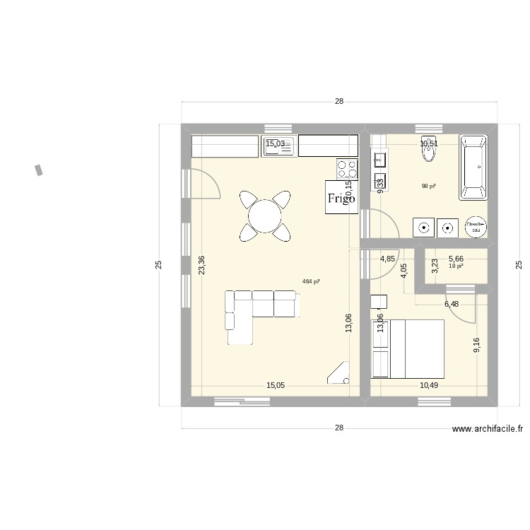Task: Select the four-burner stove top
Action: (x=347, y=167)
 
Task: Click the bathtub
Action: (x=474, y=167)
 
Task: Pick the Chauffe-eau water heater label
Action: (x=473, y=227)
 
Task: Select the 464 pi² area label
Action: (x=311, y=281)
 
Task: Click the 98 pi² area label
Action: (x=428, y=187)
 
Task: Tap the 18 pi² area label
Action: (x=456, y=266)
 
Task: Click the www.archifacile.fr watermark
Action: (x=488, y=428)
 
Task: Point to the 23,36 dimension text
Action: (x=202, y=265)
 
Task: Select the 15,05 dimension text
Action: (x=276, y=385)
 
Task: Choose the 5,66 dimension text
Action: (x=457, y=259)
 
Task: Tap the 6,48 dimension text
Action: (x=452, y=305)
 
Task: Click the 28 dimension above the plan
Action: (x=339, y=102)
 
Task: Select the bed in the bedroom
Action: (x=416, y=348)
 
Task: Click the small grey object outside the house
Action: (x=39, y=170)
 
